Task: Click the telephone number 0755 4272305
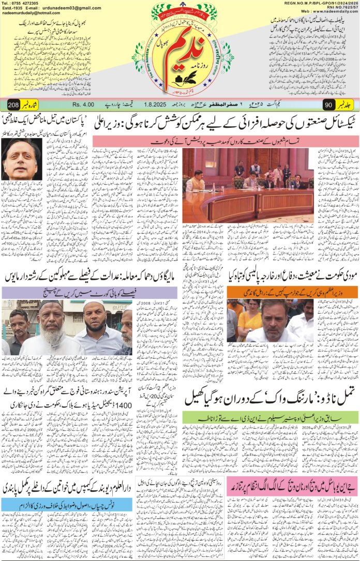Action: pos(27,3)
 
